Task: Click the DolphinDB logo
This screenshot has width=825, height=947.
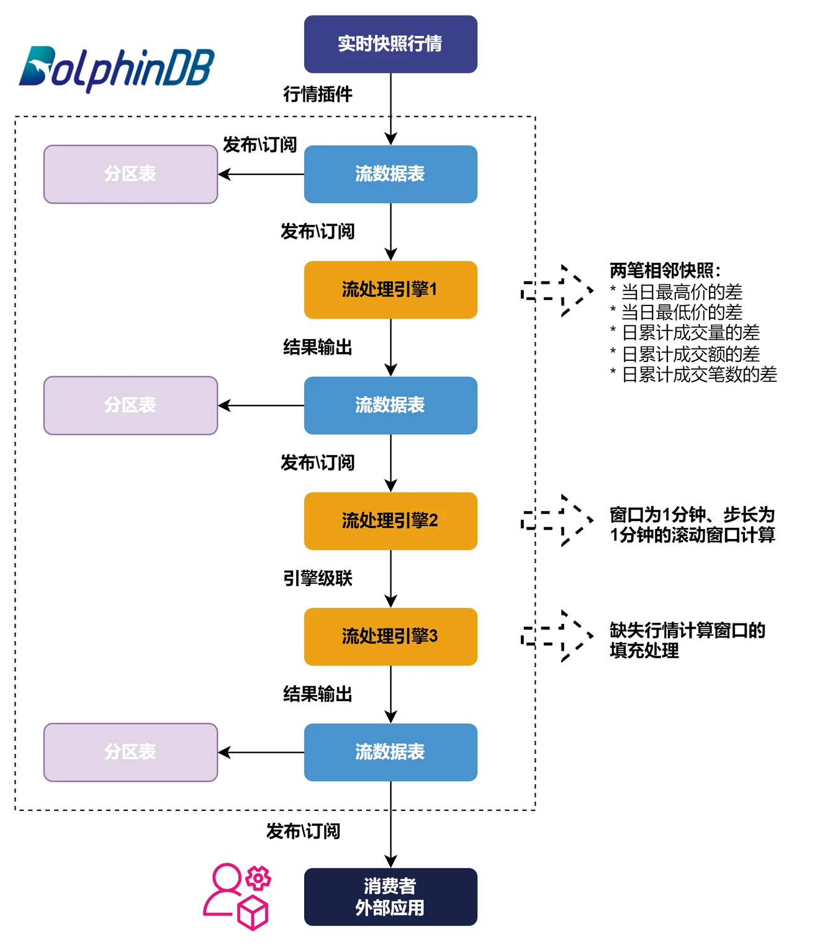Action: (117, 68)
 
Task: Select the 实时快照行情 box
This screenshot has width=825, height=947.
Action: (390, 44)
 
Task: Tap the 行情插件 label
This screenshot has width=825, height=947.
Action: (317, 94)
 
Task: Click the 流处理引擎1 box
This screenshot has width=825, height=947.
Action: (390, 289)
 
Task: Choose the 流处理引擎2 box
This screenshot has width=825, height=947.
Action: (390, 520)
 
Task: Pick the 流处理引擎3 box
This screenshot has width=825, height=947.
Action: (390, 637)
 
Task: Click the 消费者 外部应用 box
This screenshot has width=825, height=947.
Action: (390, 897)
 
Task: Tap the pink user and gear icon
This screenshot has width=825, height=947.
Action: (237, 896)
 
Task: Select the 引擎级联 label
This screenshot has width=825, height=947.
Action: (317, 578)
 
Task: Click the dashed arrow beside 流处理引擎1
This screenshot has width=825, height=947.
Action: (557, 291)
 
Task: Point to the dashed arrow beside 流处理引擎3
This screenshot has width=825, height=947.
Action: (557, 637)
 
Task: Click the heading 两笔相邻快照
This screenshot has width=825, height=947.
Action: (665, 271)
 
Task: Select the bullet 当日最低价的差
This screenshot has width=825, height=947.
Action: (681, 312)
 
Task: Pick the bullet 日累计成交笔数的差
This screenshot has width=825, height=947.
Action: (698, 374)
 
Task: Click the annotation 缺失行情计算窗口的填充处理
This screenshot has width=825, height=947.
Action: (687, 640)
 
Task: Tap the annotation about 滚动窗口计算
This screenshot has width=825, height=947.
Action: (692, 525)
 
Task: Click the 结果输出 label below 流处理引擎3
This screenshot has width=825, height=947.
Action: (317, 694)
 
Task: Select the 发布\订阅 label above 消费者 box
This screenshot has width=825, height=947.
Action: (303, 831)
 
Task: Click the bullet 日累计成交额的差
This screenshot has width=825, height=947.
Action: (690, 354)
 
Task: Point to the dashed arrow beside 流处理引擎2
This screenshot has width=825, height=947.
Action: (557, 520)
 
